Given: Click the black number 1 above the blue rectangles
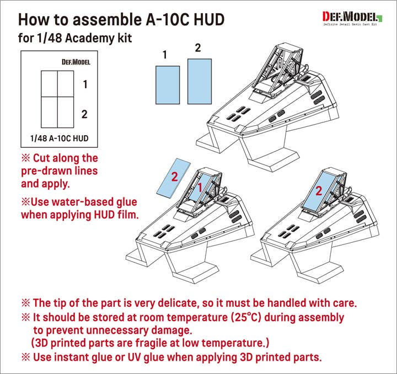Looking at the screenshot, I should [x=165, y=54].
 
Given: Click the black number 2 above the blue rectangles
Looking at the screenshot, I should [x=197, y=48].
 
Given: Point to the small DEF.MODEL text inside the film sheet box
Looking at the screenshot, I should [x=76, y=62].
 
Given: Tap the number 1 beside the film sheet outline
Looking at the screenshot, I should [x=85, y=84].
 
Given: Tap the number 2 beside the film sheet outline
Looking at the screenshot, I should [x=84, y=114].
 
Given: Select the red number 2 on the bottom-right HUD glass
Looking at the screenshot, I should [x=319, y=191].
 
